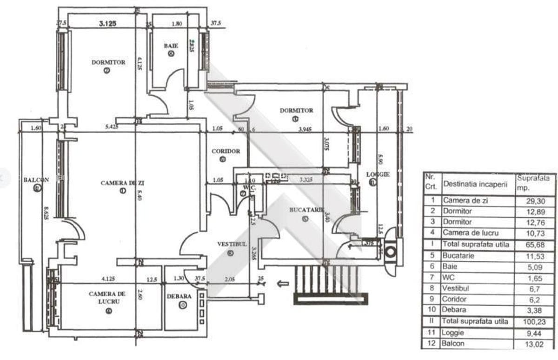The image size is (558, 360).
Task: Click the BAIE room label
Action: tap(171, 46)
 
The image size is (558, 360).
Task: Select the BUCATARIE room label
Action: tap(306, 210)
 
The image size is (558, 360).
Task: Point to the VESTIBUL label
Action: tap(232, 244)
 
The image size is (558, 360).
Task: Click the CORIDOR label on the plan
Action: tap(226, 151)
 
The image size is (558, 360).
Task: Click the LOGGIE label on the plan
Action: tap(377, 174)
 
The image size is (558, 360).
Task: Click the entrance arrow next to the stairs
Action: tap(282, 283)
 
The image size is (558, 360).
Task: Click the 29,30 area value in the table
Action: tap(535, 201)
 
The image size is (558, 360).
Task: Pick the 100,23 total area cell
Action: tap(535, 321)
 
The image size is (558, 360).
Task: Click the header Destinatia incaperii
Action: tap(476, 184)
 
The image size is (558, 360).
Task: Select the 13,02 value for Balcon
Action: tap(535, 344)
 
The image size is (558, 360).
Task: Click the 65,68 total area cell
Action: tap(535, 244)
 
